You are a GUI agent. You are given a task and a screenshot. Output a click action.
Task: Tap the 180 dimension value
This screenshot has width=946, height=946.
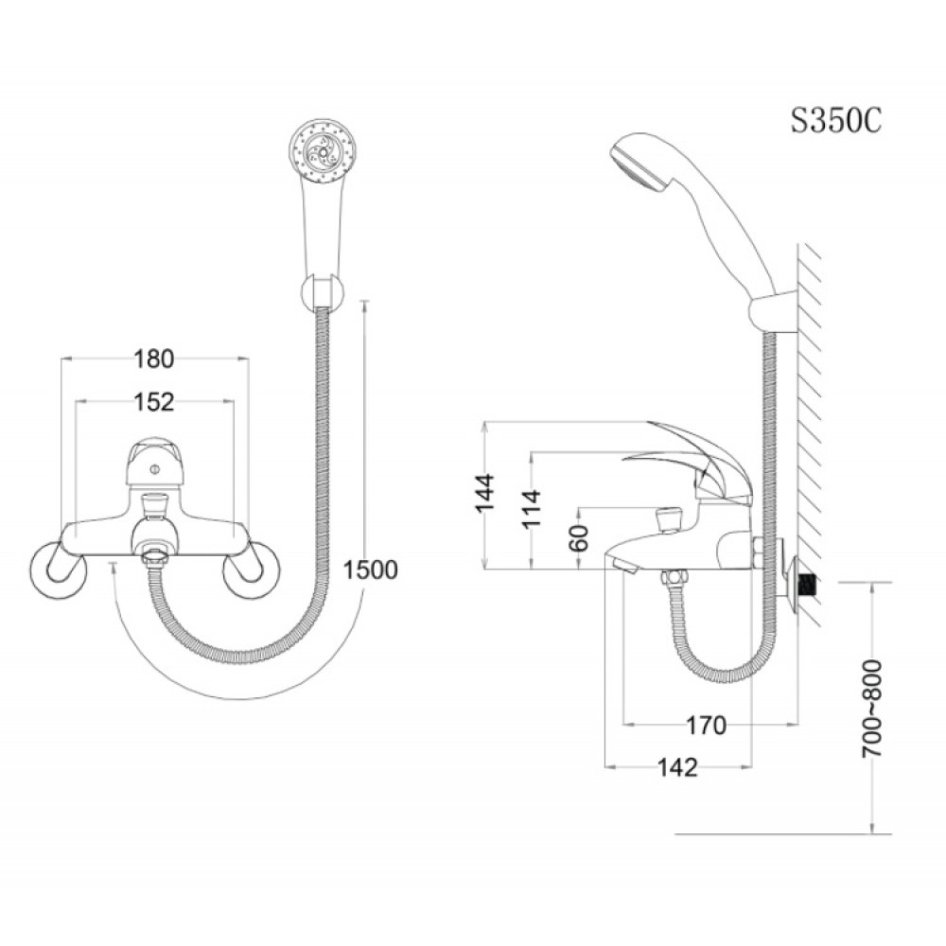coord(154,359)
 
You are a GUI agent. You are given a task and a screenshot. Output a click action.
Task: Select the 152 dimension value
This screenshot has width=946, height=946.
coord(154,402)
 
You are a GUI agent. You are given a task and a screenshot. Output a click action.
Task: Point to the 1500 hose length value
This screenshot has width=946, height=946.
coord(371,569)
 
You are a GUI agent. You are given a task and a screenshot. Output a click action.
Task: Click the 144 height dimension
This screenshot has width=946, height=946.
coord(484,493)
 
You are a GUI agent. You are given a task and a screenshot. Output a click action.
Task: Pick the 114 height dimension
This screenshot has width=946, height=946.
coord(532,509)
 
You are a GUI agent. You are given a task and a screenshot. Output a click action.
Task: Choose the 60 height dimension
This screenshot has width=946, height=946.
coord(578,538)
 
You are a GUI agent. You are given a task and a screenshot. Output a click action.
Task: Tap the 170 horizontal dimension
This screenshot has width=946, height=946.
coord(706,726)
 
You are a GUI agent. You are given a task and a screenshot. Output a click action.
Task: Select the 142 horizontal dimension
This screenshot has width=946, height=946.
coord(677,767)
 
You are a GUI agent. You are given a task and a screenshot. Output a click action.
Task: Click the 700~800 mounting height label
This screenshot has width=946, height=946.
coord(871,709)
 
